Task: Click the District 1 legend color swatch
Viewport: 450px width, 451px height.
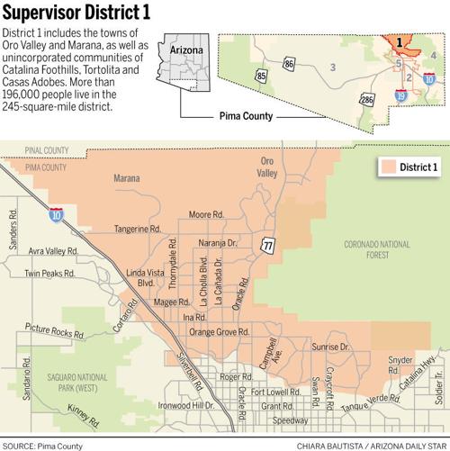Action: (x=388, y=167)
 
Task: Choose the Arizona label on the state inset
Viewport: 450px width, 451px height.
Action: (x=187, y=50)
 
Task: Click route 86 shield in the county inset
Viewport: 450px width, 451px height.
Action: (x=288, y=64)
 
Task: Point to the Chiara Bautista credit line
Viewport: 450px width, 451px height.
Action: (x=371, y=445)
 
